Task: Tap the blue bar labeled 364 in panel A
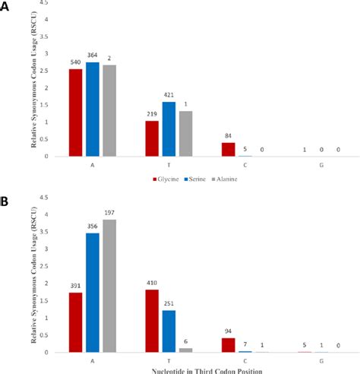tap(93, 109)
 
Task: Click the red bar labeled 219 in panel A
tap(153, 139)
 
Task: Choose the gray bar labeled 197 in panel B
tap(109, 286)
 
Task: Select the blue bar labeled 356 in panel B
tap(93, 293)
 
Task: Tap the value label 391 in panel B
tap(76, 287)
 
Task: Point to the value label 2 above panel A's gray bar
tap(109, 59)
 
